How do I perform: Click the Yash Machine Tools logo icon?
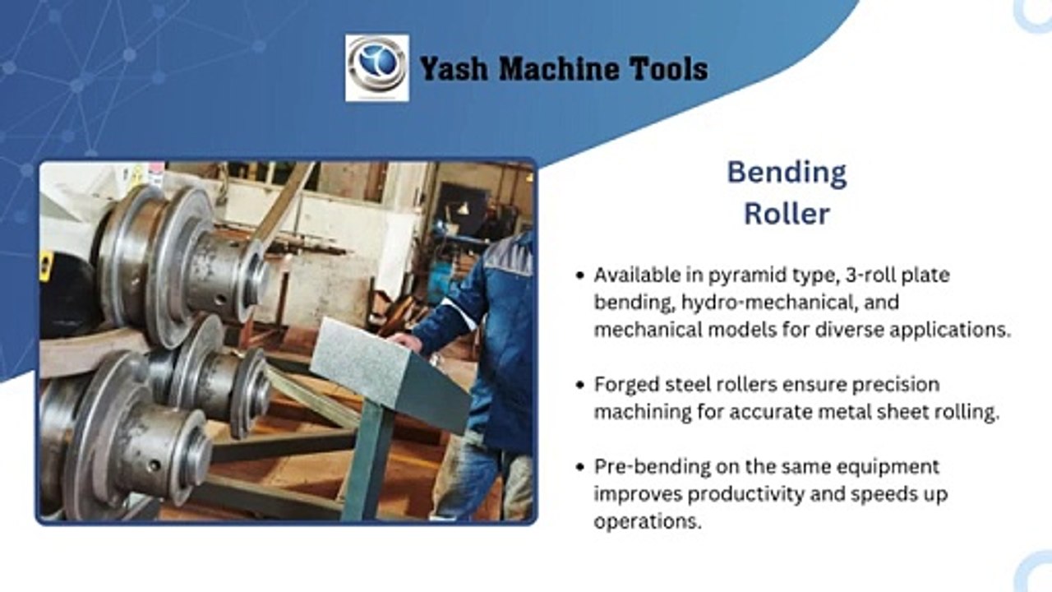click(x=376, y=67)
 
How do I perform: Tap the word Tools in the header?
click(x=669, y=69)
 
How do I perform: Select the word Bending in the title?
click(x=787, y=173)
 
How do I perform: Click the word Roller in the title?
click(x=787, y=214)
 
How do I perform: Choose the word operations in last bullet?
click(x=648, y=522)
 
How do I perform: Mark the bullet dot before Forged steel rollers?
click(x=581, y=385)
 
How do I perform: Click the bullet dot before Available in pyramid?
click(x=581, y=275)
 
